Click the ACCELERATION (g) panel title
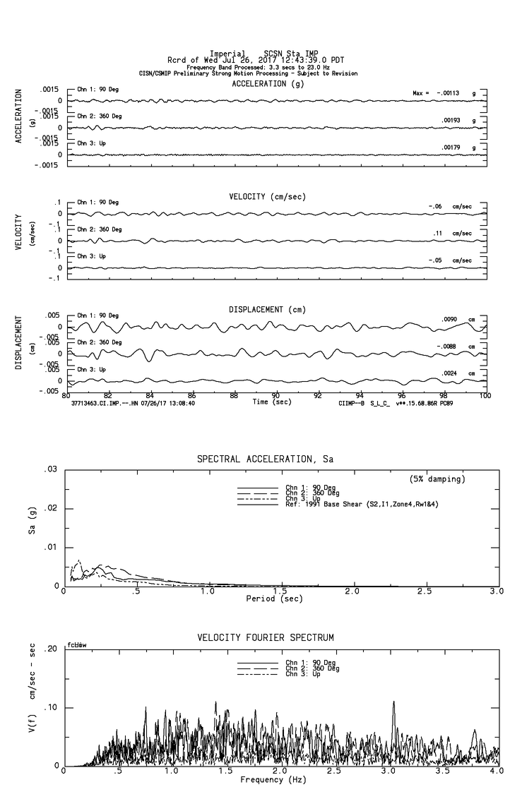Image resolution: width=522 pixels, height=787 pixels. click(x=268, y=83)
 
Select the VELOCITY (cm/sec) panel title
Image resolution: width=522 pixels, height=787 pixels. click(x=268, y=196)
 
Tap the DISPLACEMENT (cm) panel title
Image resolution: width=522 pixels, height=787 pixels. click(x=266, y=309)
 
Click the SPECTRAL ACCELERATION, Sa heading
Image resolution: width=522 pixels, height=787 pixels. click(x=265, y=459)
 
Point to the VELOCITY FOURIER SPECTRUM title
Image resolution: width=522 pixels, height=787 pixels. click(x=266, y=637)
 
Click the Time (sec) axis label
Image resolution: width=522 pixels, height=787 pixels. click(x=272, y=402)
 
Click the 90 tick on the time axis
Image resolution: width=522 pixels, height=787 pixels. click(x=276, y=395)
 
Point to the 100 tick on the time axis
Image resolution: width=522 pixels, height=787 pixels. click(x=485, y=395)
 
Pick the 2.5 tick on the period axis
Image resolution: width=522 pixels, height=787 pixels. click(x=425, y=591)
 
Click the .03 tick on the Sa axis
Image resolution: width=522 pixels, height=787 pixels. click(x=49, y=469)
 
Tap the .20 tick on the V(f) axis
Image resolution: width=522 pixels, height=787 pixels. click(x=49, y=649)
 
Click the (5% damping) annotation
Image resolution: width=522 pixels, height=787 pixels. click(x=437, y=479)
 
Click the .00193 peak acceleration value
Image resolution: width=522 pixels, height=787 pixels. click(x=451, y=121)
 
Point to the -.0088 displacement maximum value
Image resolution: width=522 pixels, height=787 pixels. click(x=449, y=346)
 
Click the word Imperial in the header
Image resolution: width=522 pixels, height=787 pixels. click(x=227, y=54)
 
